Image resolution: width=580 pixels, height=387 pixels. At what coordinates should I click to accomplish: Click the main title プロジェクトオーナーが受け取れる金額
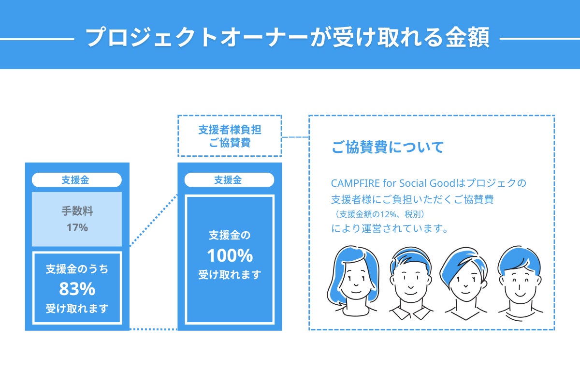[x=288, y=37]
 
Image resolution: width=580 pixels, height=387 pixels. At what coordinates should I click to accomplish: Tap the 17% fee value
[x=77, y=227]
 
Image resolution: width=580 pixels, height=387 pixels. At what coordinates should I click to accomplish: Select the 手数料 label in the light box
[x=77, y=211]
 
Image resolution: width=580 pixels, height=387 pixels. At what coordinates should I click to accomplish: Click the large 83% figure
[x=77, y=289]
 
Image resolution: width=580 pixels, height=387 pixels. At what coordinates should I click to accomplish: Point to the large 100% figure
[x=230, y=255]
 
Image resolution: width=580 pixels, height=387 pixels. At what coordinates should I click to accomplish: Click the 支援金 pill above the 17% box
[x=76, y=180]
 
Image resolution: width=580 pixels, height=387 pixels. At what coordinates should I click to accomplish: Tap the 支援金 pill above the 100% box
[x=229, y=180]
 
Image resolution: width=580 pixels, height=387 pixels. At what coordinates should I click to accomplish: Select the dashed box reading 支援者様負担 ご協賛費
[x=230, y=136]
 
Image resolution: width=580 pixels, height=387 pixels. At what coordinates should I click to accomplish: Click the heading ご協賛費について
[x=387, y=148]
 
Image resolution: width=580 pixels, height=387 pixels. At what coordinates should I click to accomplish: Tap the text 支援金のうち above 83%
[x=77, y=269]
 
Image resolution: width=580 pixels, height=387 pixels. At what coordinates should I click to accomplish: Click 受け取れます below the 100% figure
[x=230, y=275]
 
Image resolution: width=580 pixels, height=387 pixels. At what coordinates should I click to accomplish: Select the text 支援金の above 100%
[x=230, y=236]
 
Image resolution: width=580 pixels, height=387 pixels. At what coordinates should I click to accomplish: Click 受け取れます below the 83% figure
[x=77, y=308]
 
